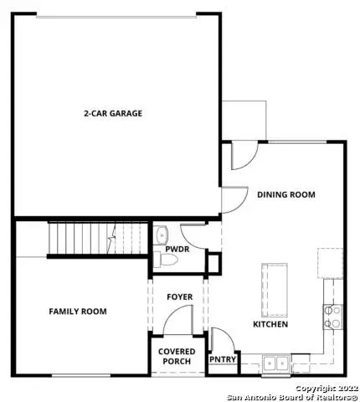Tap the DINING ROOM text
click(x=285, y=194)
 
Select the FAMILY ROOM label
click(x=77, y=311)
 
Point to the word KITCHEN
click(x=270, y=323)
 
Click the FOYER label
click(x=179, y=296)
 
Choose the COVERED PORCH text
click(x=177, y=357)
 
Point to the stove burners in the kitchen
click(x=332, y=316)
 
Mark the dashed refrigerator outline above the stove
click(x=329, y=262)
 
